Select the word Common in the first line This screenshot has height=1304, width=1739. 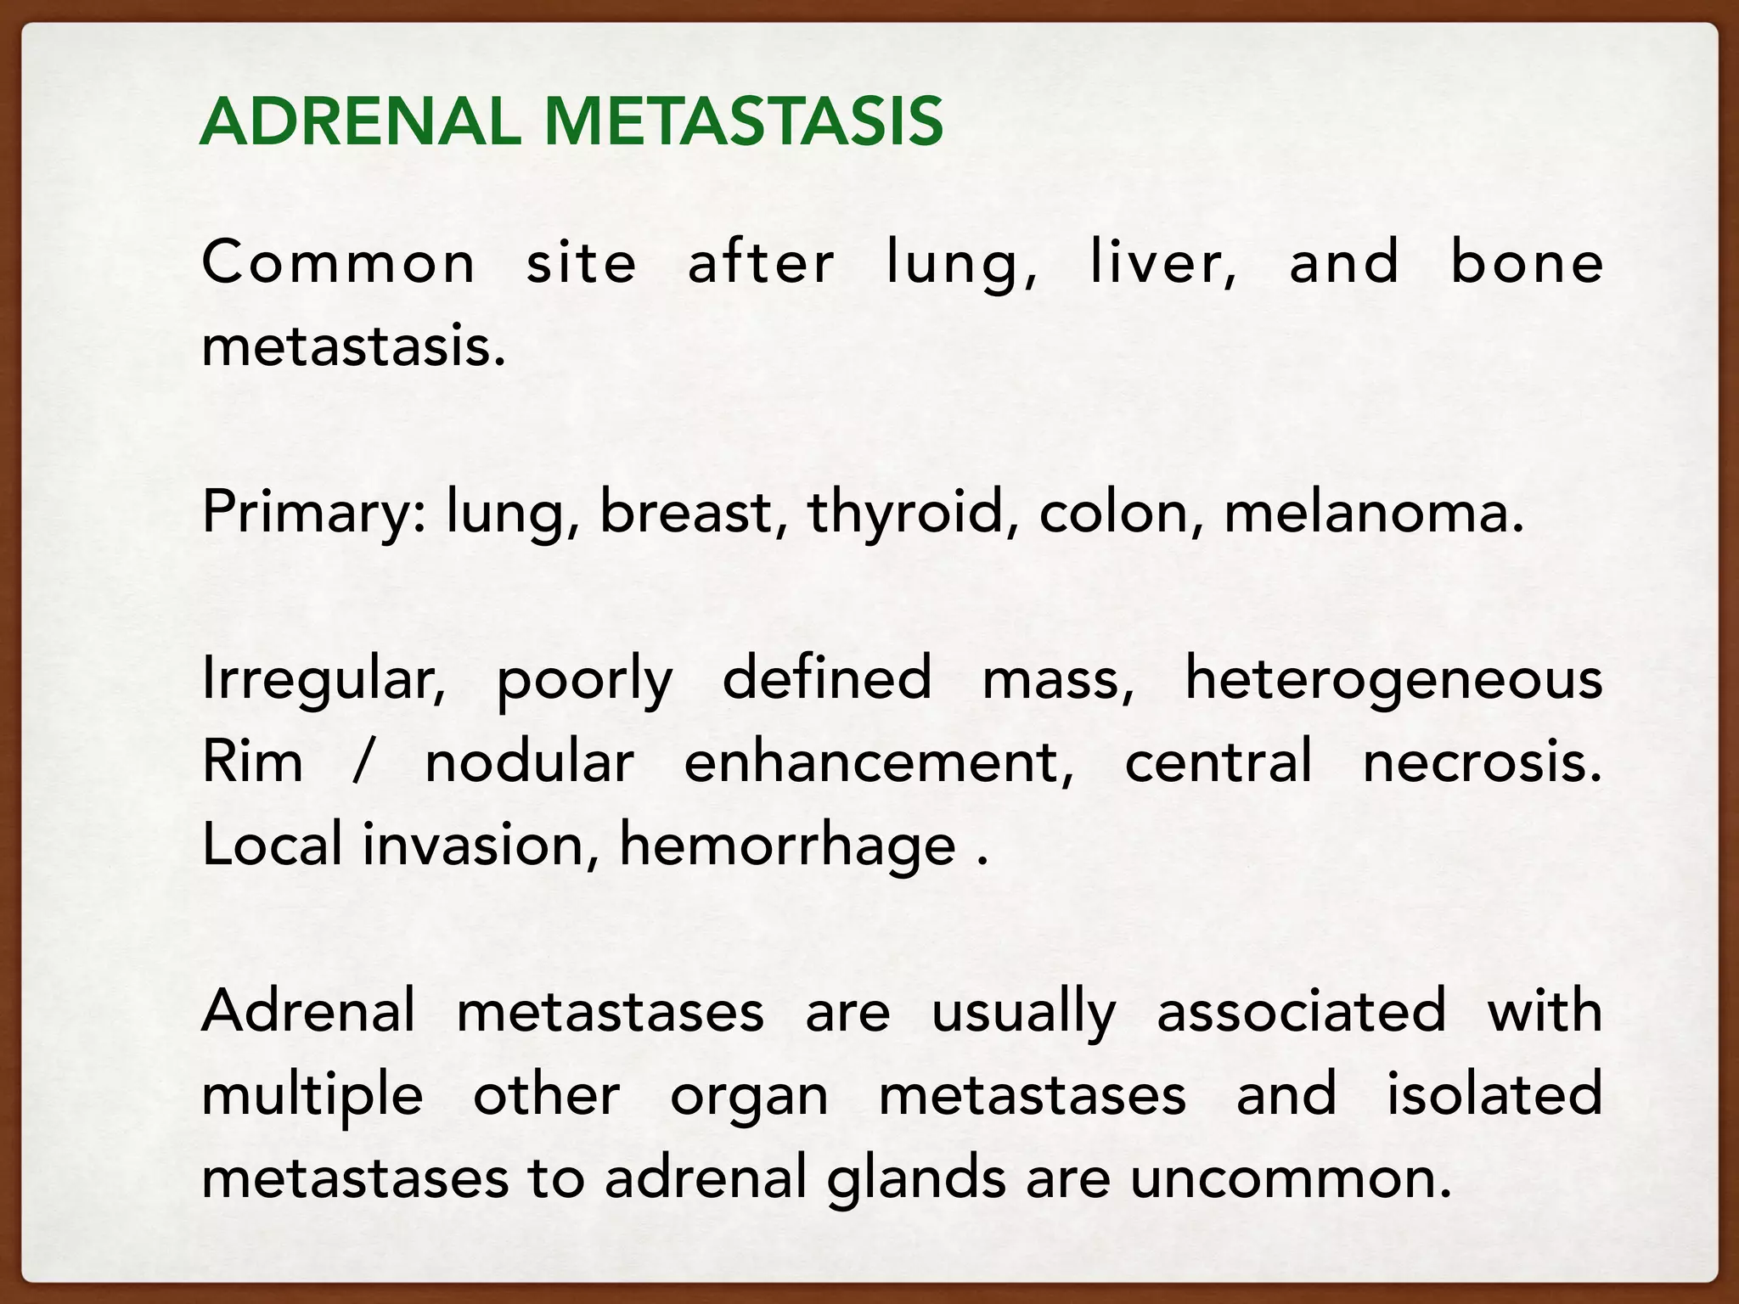pyautogui.click(x=338, y=262)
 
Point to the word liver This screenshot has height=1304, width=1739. pyautogui.click(x=1162, y=262)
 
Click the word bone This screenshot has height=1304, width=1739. pyautogui.click(x=1526, y=262)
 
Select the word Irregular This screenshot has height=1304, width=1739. pyautogui.click(x=324, y=679)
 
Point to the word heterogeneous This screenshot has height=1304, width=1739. pyautogui.click(x=1393, y=679)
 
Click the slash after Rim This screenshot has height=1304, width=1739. pyautogui.click(x=363, y=762)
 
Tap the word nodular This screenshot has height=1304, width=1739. pyautogui.click(x=529, y=762)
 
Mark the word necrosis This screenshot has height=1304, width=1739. pyautogui.click(x=1482, y=762)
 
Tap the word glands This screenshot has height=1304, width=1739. pyautogui.click(x=916, y=1179)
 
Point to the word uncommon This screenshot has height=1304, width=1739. pyautogui.click(x=1291, y=1179)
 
